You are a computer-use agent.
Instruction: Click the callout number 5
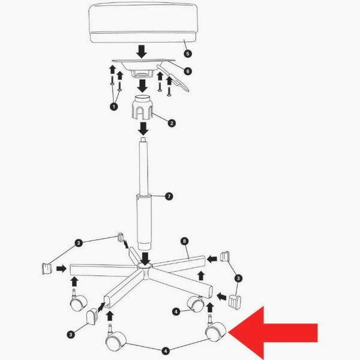pos(188,54)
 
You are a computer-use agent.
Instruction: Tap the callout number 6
pos(188,71)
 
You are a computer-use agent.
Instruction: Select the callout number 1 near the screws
pos(114,107)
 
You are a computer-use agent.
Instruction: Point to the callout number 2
pos(172,123)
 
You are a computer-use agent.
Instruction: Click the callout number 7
pos(169,197)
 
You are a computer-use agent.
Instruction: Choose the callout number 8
pos(184,241)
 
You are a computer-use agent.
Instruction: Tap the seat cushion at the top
pos(143,22)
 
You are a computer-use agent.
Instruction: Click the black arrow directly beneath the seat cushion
pos(142,52)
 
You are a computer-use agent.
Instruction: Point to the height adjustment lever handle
pos(173,77)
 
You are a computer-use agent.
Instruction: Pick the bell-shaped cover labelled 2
pos(143,107)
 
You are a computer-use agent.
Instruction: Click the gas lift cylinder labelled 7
pos(144,194)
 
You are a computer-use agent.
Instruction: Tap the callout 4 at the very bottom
pos(166,351)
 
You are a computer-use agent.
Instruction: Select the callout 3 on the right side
pos(238,278)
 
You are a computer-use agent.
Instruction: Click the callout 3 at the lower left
pos(71,335)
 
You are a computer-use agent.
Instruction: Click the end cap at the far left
pos(47,269)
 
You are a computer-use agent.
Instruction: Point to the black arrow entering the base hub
pos(145,258)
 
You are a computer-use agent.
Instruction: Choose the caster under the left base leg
pos(78,301)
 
